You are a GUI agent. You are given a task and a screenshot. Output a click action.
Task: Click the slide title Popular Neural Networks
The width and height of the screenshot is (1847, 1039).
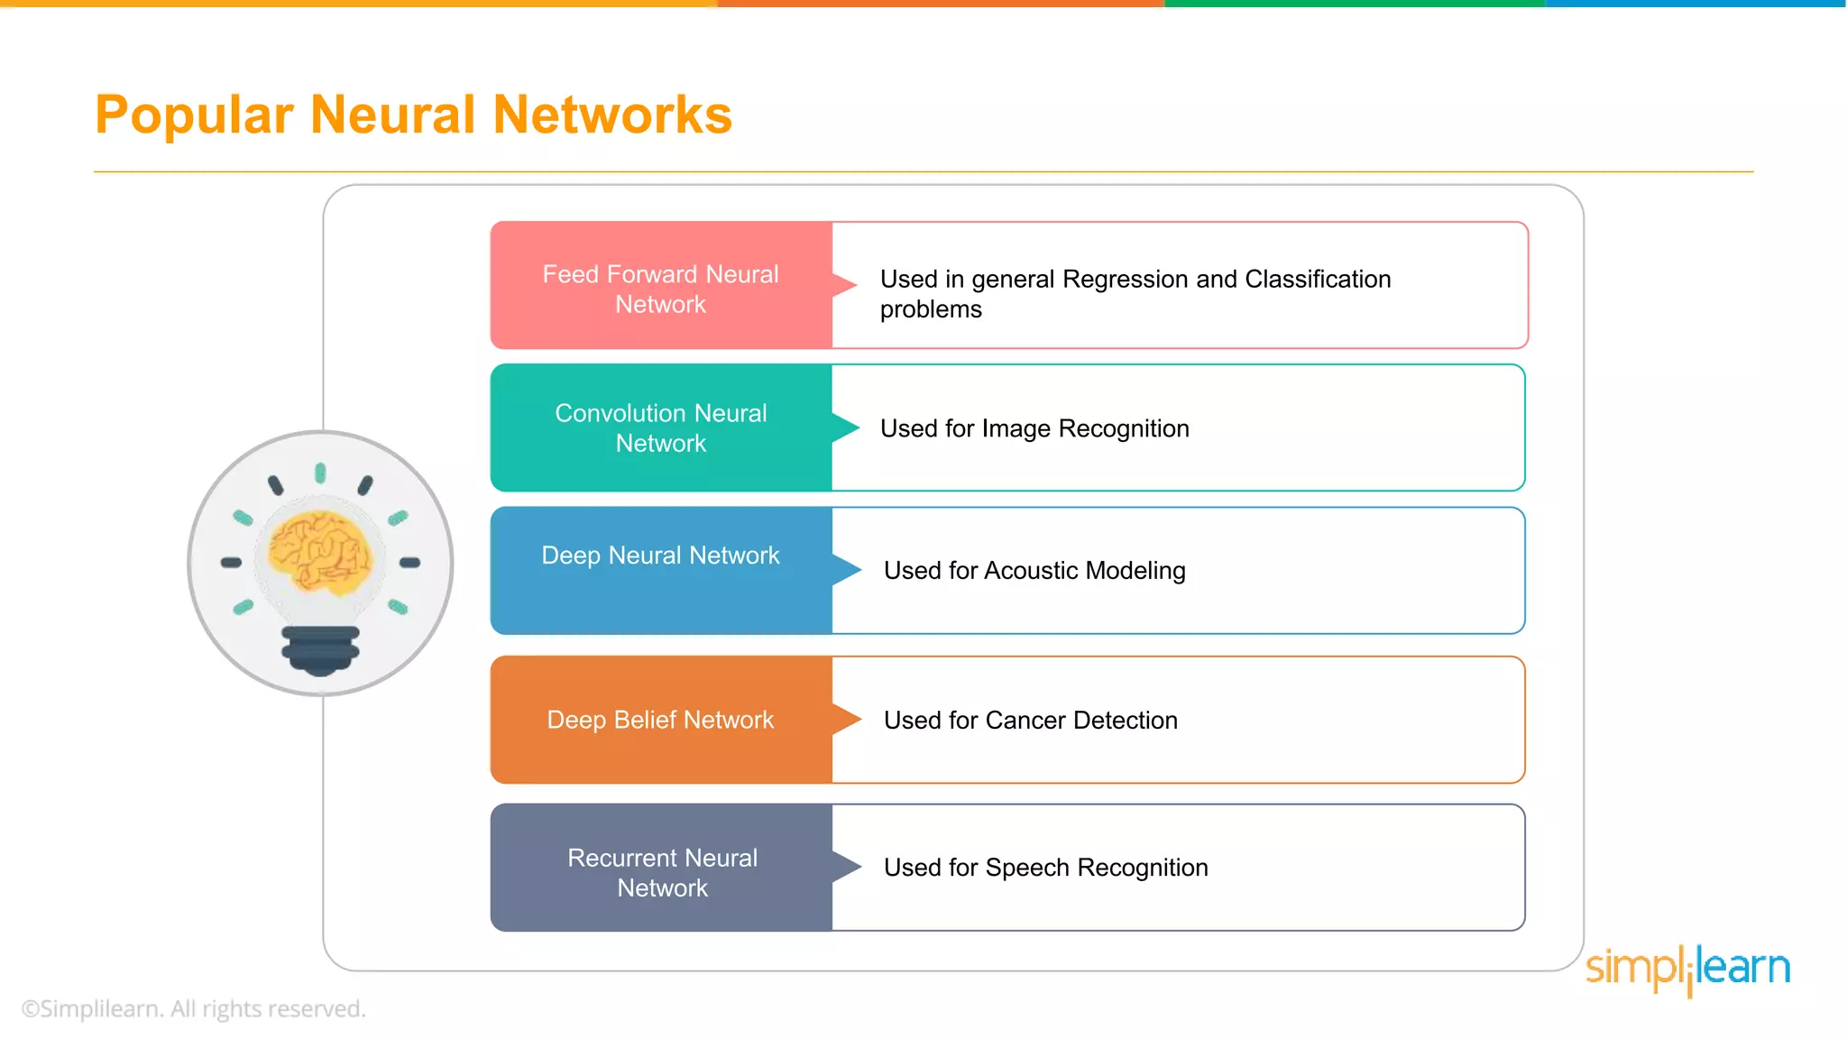[413, 115]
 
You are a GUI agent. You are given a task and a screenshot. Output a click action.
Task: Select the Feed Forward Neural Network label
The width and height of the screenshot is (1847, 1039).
[660, 289]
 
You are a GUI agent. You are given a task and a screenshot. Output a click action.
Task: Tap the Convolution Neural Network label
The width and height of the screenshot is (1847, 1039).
[660, 428]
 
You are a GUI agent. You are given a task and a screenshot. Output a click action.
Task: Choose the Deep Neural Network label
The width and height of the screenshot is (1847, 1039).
[660, 556]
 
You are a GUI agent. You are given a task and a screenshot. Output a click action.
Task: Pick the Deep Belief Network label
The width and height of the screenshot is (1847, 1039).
[660, 720]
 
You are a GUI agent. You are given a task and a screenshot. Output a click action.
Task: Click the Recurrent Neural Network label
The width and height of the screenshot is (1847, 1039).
[662, 872]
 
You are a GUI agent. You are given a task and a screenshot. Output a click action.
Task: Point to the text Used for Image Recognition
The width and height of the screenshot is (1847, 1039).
[1034, 428]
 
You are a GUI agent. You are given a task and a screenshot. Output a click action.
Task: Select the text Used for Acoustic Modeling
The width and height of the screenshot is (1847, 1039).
[1034, 571]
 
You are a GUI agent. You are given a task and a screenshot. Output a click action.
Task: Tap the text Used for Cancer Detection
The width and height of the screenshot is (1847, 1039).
[1031, 721]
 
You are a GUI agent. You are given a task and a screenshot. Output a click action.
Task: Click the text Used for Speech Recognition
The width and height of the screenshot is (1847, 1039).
[1046, 868]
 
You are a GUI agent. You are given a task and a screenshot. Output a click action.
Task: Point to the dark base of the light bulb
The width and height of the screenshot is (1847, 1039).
[320, 649]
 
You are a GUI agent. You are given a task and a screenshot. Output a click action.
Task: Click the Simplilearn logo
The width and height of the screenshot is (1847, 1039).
[1687, 969]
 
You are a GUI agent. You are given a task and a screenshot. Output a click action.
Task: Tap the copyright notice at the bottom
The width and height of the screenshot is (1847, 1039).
[194, 1008]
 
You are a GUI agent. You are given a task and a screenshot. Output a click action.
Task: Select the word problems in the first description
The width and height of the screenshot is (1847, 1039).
[931, 309]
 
